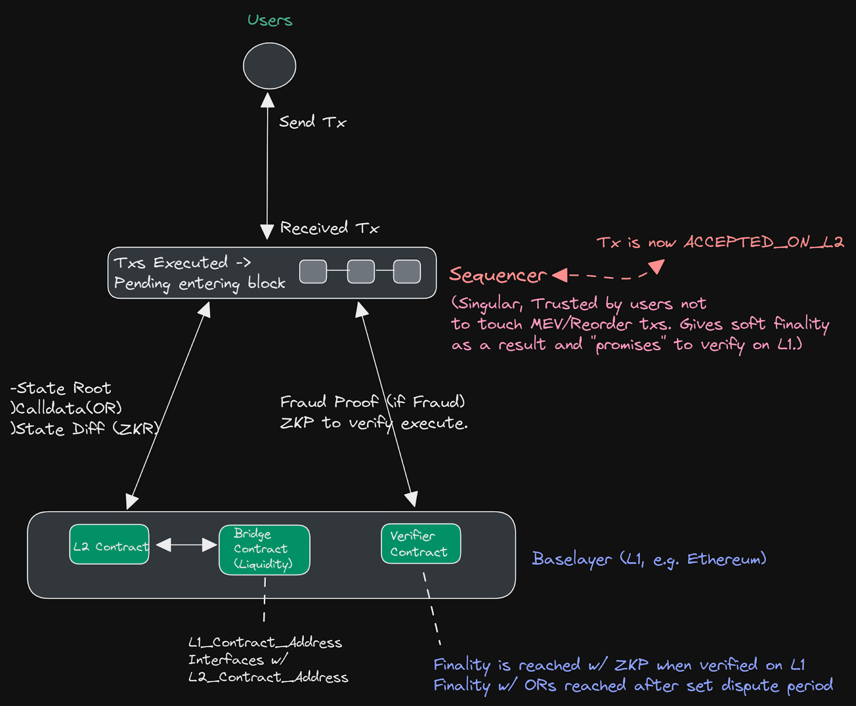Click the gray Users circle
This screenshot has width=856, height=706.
[269, 66]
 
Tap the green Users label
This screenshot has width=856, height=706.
[270, 20]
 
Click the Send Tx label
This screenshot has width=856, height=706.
[312, 122]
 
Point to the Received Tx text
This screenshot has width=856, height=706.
[329, 228]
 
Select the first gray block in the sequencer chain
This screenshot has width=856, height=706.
[313, 272]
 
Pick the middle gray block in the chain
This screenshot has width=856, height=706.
[361, 272]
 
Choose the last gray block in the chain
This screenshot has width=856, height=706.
[407, 272]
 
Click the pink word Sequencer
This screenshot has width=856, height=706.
[498, 275]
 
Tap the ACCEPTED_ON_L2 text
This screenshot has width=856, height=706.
[763, 242]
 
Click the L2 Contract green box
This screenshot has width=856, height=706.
[109, 544]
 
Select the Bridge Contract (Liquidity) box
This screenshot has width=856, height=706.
[264, 550]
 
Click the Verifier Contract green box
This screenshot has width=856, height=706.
[421, 544]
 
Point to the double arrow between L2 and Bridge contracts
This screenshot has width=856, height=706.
[186, 545]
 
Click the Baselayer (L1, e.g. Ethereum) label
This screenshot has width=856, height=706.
[648, 559]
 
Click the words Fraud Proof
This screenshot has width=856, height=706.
[329, 402]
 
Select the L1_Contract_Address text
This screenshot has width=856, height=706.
[265, 642]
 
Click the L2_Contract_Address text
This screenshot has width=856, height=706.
[268, 677]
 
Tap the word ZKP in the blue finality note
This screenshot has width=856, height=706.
[631, 665]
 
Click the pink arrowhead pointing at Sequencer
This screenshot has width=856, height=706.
[560, 275]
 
